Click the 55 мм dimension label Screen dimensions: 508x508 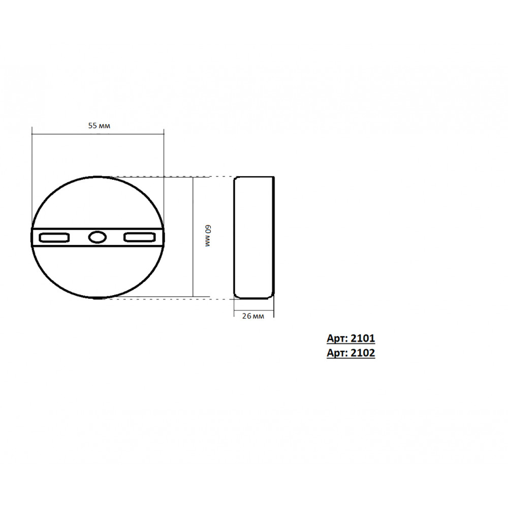pyautogui.click(x=99, y=125)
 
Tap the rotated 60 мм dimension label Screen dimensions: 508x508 pyautogui.click(x=208, y=236)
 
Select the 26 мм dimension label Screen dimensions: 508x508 pyautogui.click(x=253, y=316)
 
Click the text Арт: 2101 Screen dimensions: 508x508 pyautogui.click(x=351, y=338)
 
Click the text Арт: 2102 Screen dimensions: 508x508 pyautogui.click(x=351, y=353)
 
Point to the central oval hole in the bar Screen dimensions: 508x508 pyautogui.click(x=97, y=237)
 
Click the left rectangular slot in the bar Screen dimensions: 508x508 pyautogui.click(x=54, y=237)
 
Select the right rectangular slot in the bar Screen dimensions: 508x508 pyautogui.click(x=140, y=237)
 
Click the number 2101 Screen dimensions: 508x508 pyautogui.click(x=363, y=338)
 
